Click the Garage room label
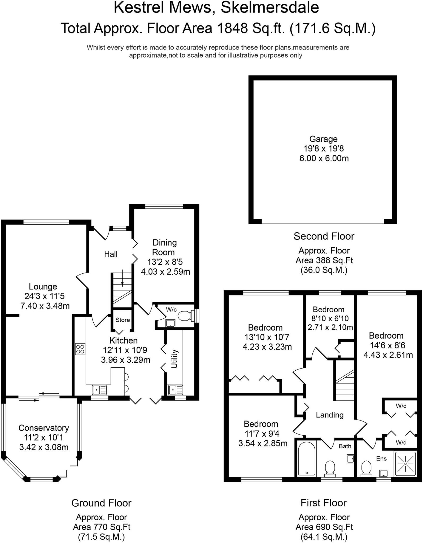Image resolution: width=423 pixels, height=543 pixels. coord(323,139)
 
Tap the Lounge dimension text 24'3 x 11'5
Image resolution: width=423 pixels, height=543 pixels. coord(45,296)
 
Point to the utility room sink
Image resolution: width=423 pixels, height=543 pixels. coord(176,390)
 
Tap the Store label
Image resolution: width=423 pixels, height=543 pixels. coord(123,320)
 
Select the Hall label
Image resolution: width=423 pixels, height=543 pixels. coord(111,254)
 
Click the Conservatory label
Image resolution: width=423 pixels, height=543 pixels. coord(44,428)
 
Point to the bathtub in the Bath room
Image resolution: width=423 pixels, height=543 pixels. coord(307,459)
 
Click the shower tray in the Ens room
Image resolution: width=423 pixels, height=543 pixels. coord(405,464)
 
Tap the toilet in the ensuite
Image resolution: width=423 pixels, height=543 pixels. coord(366,468)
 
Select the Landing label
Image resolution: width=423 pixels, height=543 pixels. coord(330,415)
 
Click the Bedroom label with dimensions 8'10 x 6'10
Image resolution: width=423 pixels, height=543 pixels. coord(329,309)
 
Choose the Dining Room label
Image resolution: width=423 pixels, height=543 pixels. coord(164,247)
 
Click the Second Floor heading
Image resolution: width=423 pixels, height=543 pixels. coord(324,236)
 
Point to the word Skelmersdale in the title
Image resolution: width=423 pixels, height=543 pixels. coord(270,7)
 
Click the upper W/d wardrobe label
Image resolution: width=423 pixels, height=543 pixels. coord(401,406)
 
